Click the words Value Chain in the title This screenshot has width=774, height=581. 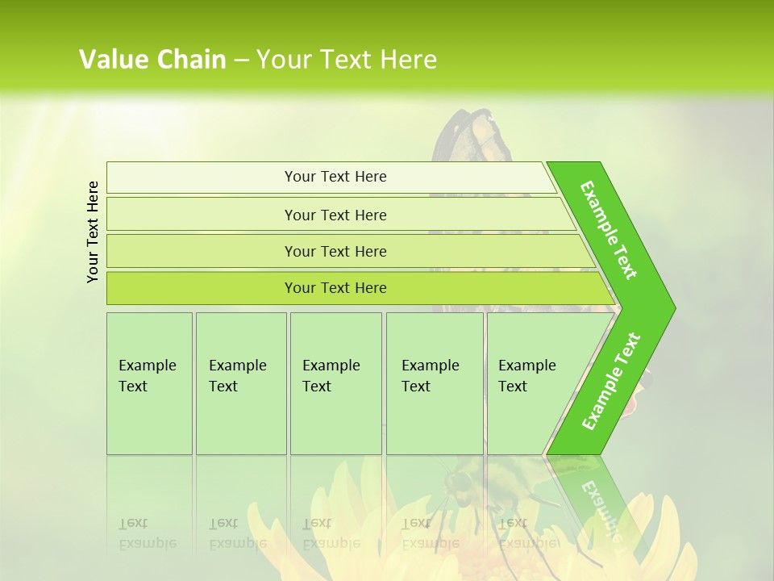coord(152,60)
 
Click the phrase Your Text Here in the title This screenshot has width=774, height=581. coord(347,60)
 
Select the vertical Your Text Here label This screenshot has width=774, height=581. coord(93,232)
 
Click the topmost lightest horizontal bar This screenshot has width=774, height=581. coord(335,177)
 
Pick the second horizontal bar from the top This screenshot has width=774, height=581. coord(335,215)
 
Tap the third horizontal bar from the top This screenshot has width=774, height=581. coord(335,251)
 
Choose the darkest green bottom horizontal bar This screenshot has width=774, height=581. coord(335,288)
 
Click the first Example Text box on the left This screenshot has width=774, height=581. coord(149,383)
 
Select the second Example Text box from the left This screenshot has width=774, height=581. coord(240,383)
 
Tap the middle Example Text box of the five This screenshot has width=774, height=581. coord(335,383)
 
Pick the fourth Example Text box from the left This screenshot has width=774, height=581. coord(434,383)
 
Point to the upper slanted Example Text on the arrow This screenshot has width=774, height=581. coord(609,230)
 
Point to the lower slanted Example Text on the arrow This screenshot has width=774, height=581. coord(610,382)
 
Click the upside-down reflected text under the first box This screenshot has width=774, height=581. coord(147,533)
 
